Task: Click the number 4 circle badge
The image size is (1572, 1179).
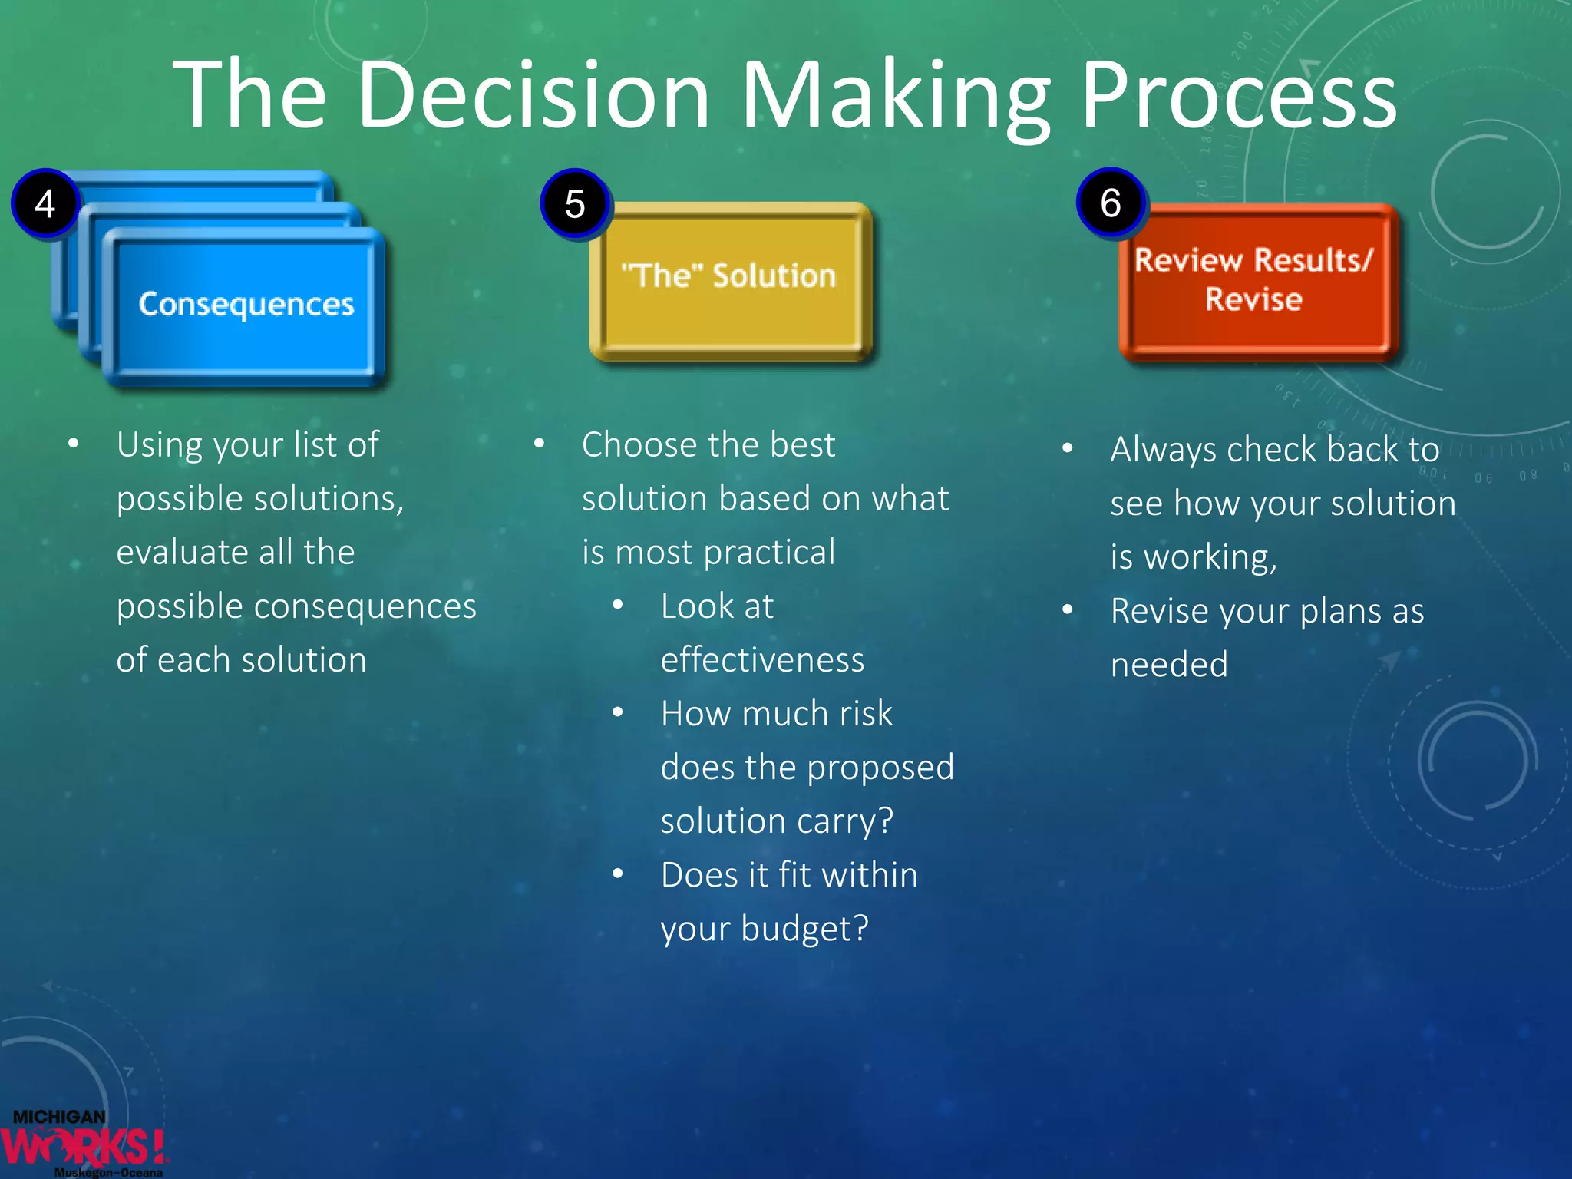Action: pyautogui.click(x=45, y=204)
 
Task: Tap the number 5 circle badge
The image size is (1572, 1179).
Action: pyautogui.click(x=575, y=204)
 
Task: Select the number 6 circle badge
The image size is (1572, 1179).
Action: pyautogui.click(x=1110, y=203)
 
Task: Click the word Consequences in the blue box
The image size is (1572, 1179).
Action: pyautogui.click(x=246, y=305)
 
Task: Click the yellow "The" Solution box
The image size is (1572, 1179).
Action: pyautogui.click(x=729, y=280)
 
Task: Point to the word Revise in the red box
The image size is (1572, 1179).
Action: pyautogui.click(x=1253, y=299)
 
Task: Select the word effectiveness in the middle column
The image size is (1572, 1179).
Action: pyautogui.click(x=762, y=660)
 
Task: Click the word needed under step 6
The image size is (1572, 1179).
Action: pyautogui.click(x=1169, y=665)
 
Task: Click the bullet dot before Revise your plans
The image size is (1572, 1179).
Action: pyautogui.click(x=1067, y=610)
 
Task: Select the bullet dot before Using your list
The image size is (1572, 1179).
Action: pyautogui.click(x=73, y=444)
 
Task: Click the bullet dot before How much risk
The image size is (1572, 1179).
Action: pyautogui.click(x=618, y=713)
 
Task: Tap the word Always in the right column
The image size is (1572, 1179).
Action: pyautogui.click(x=1164, y=450)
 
